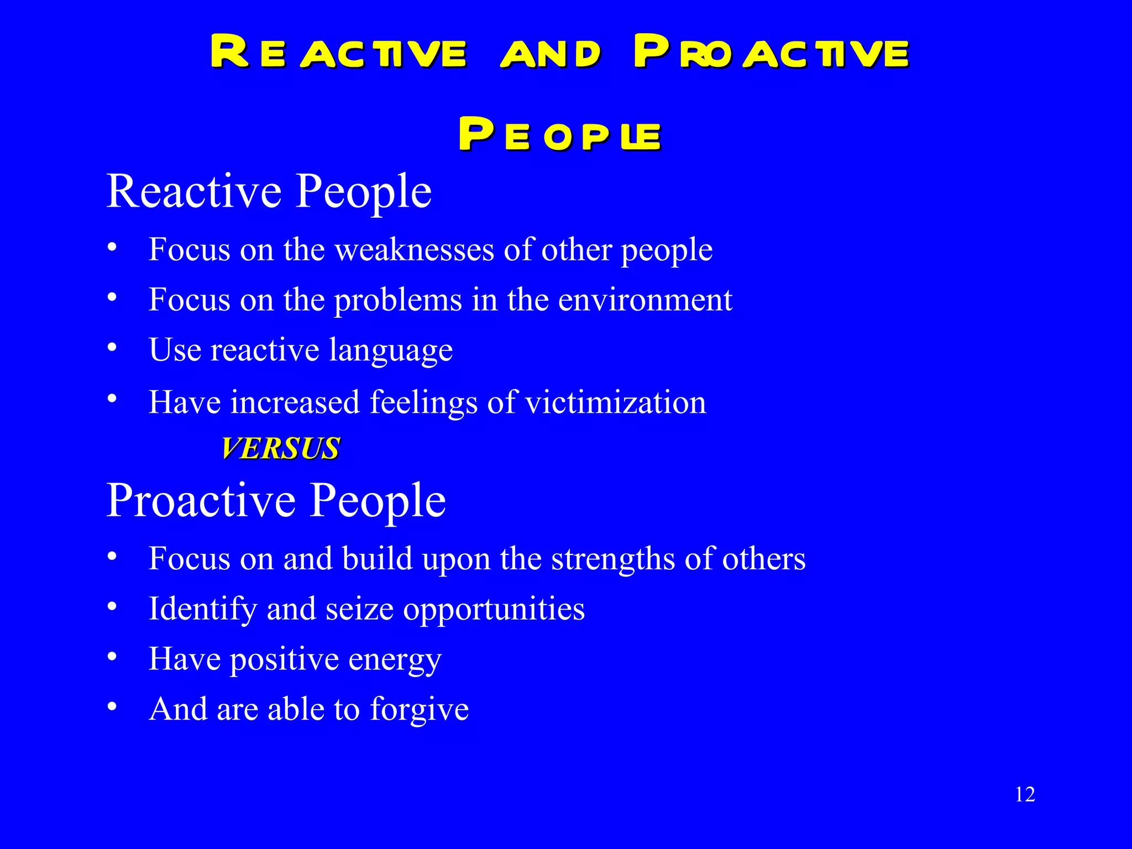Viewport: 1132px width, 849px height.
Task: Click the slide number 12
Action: (x=1025, y=794)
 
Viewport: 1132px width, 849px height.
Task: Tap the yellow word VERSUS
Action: (x=281, y=448)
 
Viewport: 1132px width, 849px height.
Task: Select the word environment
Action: (x=645, y=300)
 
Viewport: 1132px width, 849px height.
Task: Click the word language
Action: (x=391, y=350)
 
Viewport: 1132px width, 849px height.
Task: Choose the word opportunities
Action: (x=494, y=610)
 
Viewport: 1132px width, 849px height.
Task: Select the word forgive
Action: (x=420, y=709)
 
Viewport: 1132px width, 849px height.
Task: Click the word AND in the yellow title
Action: (x=551, y=54)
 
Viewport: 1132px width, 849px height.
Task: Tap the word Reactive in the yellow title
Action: (x=338, y=53)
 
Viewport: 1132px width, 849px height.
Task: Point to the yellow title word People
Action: (x=559, y=134)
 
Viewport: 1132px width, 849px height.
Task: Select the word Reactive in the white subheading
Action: (x=194, y=191)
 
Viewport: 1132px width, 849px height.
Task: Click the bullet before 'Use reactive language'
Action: (x=112, y=348)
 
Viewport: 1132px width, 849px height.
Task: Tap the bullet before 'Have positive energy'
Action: (x=112, y=657)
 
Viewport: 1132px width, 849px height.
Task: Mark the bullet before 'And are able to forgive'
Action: (x=112, y=706)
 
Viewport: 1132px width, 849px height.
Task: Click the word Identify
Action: (x=203, y=610)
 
